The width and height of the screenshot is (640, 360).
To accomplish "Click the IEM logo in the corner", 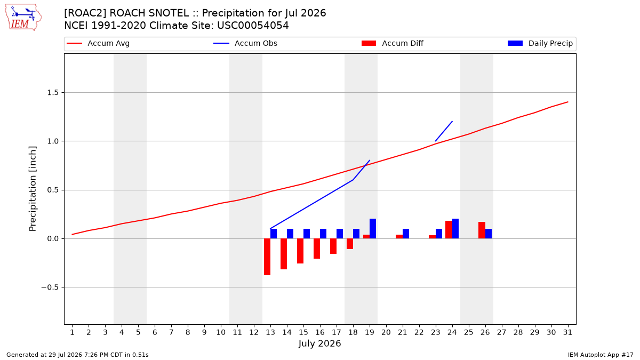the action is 23,18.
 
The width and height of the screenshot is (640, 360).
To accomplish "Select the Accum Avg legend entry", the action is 98,43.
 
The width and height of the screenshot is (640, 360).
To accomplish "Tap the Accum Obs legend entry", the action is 245,43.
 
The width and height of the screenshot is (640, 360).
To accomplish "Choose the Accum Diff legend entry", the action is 393,43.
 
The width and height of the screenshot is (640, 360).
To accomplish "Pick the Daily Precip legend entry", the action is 540,43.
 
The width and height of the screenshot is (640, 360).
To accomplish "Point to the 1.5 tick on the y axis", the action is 53,93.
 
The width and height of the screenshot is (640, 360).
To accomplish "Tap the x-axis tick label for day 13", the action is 270,332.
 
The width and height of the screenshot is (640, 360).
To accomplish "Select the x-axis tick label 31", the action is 567,332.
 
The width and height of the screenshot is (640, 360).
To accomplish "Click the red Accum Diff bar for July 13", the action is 267,257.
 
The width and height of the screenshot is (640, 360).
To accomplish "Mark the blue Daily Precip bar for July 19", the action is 373,229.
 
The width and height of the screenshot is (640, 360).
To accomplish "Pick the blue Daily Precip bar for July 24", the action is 455,229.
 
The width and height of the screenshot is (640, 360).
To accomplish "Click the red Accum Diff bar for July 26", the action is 482,230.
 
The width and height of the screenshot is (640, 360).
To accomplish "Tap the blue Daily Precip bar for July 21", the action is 406,234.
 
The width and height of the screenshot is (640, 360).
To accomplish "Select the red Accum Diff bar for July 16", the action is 317,249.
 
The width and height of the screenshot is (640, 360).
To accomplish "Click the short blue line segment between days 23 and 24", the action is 444,131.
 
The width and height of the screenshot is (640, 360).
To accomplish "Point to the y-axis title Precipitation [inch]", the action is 33,189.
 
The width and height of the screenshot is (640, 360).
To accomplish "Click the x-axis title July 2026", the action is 319,343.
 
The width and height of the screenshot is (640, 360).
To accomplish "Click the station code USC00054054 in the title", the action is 253,26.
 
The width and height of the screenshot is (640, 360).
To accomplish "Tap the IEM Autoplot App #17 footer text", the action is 601,355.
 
